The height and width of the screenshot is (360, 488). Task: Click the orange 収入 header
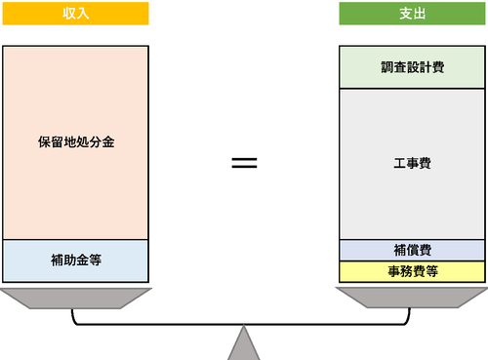(x=75, y=14)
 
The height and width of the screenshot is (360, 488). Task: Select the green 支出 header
(x=411, y=14)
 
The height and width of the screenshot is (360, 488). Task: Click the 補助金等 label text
(x=75, y=260)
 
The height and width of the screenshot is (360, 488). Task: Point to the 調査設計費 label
(x=411, y=67)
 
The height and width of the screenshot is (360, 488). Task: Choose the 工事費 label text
(x=411, y=163)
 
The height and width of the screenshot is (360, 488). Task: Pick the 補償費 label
(x=411, y=251)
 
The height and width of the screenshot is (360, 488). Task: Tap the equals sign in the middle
(x=243, y=162)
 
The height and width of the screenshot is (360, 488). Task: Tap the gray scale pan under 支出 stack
(x=411, y=297)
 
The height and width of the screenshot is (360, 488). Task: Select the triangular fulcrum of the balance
(x=243, y=346)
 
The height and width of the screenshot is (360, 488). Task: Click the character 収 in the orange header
(x=68, y=14)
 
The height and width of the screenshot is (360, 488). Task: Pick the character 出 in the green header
(x=418, y=14)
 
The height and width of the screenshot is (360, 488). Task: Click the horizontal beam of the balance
(x=243, y=322)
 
